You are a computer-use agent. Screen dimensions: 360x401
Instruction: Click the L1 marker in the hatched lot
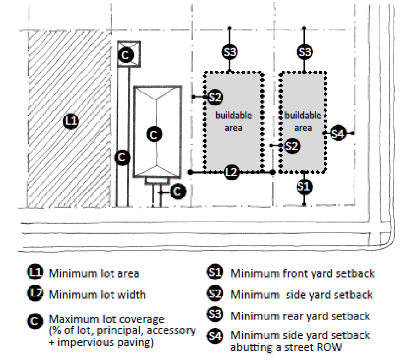(72, 122)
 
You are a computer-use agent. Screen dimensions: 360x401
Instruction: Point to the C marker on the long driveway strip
(122, 157)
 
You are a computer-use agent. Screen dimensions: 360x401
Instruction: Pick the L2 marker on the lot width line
(232, 173)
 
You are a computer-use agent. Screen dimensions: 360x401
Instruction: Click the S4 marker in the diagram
(338, 134)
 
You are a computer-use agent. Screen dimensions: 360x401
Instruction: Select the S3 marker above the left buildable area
(230, 52)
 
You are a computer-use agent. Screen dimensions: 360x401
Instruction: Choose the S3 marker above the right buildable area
(304, 52)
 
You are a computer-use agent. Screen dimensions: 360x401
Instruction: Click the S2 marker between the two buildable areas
(291, 145)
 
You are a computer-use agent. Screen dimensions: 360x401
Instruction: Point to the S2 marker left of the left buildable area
(215, 97)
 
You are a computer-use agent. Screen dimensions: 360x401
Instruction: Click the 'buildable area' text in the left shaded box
(234, 122)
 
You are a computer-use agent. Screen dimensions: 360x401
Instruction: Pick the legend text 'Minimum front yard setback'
(302, 273)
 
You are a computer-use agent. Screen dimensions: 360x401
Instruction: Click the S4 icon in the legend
(215, 336)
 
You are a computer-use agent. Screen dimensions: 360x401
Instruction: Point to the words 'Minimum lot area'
(94, 273)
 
